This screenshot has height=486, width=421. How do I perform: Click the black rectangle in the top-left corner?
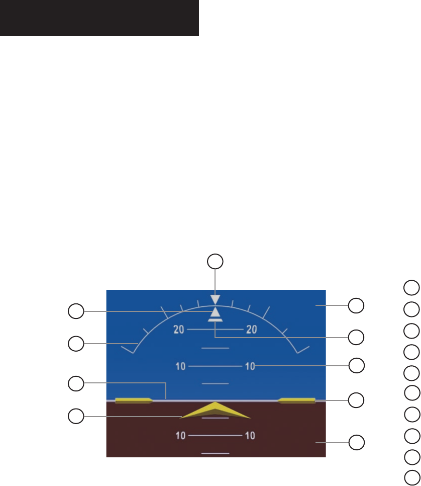(99, 18)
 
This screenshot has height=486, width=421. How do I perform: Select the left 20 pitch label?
(179, 330)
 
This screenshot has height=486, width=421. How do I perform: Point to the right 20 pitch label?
(251, 330)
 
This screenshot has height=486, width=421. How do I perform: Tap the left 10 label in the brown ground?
(180, 435)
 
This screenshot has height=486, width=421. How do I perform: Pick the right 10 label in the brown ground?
(250, 435)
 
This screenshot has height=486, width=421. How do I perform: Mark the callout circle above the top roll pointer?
(216, 261)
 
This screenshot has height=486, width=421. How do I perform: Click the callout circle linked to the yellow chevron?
(76, 416)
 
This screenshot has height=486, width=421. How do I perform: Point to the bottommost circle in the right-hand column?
(411, 477)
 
